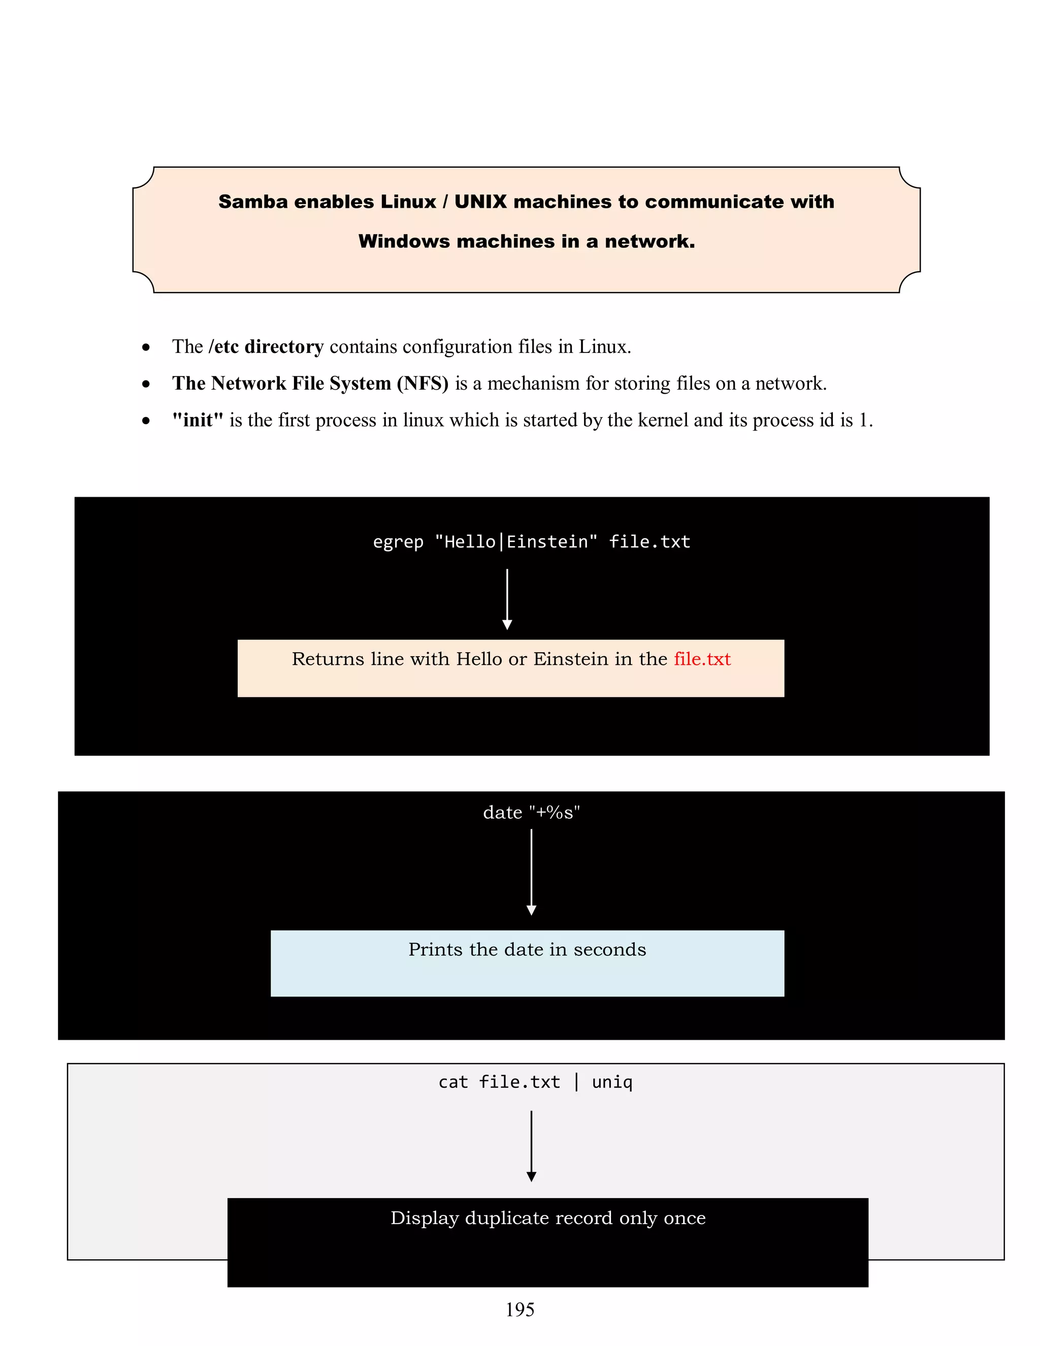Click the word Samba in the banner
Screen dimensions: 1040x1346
coord(252,202)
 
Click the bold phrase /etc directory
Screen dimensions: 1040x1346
coord(266,347)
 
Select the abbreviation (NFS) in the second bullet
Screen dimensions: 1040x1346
coord(422,383)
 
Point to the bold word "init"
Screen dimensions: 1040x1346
coord(198,421)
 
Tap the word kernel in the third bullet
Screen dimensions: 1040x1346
coord(663,421)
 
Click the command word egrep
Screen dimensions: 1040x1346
coord(398,542)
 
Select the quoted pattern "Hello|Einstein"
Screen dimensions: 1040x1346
coord(516,542)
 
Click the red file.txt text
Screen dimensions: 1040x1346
coord(702,659)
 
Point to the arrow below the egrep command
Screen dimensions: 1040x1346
coord(507,598)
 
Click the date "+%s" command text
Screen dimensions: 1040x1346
coord(531,812)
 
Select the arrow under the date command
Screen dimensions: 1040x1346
coord(531,872)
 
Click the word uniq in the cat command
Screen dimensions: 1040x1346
coord(612,1082)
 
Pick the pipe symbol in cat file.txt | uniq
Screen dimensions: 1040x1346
coord(576,1082)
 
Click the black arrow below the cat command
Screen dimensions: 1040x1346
coord(531,1146)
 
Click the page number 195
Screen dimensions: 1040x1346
coord(520,1309)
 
